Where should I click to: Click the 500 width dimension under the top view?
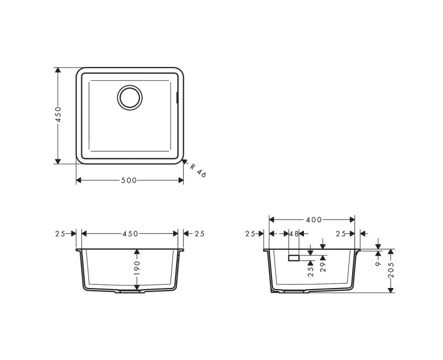click(x=129, y=181)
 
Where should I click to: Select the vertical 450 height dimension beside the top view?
click(x=58, y=115)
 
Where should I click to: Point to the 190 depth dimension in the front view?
click(x=137, y=268)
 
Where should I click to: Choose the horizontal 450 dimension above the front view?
click(x=130, y=234)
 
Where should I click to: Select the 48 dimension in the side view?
click(x=293, y=234)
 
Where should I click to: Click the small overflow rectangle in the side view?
click(x=293, y=258)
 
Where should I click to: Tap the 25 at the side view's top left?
click(x=250, y=234)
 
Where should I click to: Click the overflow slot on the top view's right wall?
click(x=177, y=98)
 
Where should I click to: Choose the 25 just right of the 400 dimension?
click(x=341, y=234)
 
